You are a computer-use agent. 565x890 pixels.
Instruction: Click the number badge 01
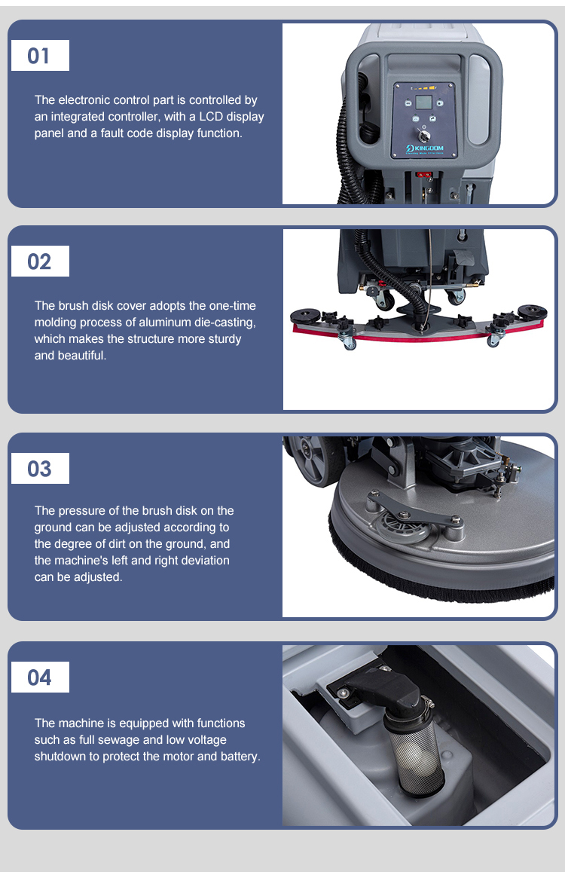40,56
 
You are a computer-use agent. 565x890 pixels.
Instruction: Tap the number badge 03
40,468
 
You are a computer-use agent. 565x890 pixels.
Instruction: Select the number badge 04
40,677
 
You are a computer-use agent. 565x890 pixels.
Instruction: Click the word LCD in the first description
211,116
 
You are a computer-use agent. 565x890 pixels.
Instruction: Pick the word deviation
203,560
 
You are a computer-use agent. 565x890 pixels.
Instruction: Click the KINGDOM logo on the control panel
424,148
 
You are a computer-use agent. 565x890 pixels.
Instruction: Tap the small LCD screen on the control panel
423,102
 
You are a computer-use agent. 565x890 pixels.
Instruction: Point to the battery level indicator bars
423,88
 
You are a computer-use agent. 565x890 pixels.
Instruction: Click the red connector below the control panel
423,175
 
